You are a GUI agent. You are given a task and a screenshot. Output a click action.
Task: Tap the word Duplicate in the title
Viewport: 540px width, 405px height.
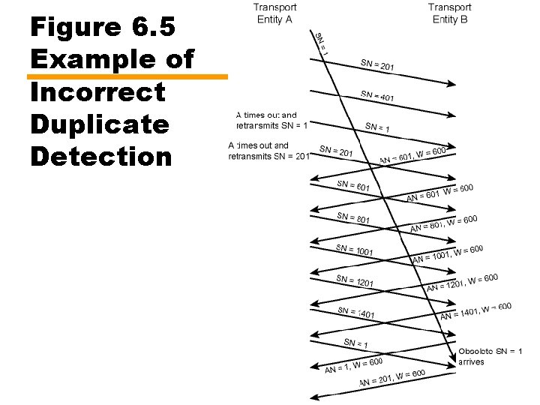click(x=100, y=124)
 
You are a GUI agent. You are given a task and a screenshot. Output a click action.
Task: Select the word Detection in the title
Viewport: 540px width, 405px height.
click(x=101, y=156)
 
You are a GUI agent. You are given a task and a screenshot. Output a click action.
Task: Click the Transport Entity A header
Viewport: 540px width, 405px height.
click(x=274, y=13)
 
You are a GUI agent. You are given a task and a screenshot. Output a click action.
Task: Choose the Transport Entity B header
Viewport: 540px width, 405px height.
click(x=450, y=13)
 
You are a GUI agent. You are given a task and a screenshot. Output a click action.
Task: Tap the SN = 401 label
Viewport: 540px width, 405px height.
click(x=377, y=96)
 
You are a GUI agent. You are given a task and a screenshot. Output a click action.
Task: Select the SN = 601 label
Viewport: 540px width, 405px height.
click(x=353, y=185)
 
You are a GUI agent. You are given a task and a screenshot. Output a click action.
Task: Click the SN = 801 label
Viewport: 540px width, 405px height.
click(x=353, y=217)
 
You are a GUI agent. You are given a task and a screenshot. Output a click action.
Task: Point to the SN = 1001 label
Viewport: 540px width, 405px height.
click(x=354, y=250)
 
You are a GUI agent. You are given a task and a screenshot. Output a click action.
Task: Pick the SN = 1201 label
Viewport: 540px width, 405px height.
click(x=355, y=281)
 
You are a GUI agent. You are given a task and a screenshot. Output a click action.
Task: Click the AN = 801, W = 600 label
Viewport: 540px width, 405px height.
click(x=443, y=223)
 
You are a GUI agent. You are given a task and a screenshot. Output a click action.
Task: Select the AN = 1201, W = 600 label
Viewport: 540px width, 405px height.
click(x=462, y=283)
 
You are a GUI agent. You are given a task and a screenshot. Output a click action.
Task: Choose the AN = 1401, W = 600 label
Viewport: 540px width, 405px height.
click(x=475, y=310)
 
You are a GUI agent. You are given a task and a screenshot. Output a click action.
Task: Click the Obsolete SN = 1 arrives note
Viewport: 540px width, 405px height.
click(x=490, y=356)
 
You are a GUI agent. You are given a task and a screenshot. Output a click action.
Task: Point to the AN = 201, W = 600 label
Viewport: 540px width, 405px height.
click(x=392, y=378)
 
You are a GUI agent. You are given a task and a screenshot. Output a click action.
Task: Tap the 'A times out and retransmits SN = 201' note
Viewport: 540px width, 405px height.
click(x=268, y=151)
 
